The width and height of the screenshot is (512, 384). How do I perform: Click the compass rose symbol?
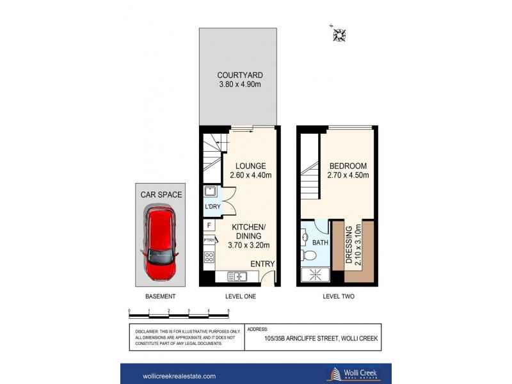(x=339, y=35)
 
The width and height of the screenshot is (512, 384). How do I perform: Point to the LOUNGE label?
(x=250, y=166)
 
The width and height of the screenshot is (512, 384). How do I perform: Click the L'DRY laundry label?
(x=212, y=207)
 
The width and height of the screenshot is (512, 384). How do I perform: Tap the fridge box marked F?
(x=209, y=225)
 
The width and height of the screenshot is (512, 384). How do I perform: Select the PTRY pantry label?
(x=209, y=241)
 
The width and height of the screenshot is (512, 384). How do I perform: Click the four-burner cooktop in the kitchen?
(x=209, y=257)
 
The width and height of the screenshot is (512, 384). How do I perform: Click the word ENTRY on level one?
(x=262, y=264)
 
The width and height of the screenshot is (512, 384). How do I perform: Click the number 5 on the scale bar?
(x=228, y=311)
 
